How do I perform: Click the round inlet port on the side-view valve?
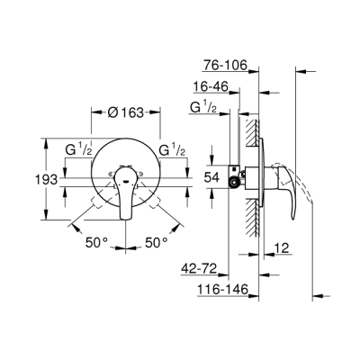click(x=237, y=184)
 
